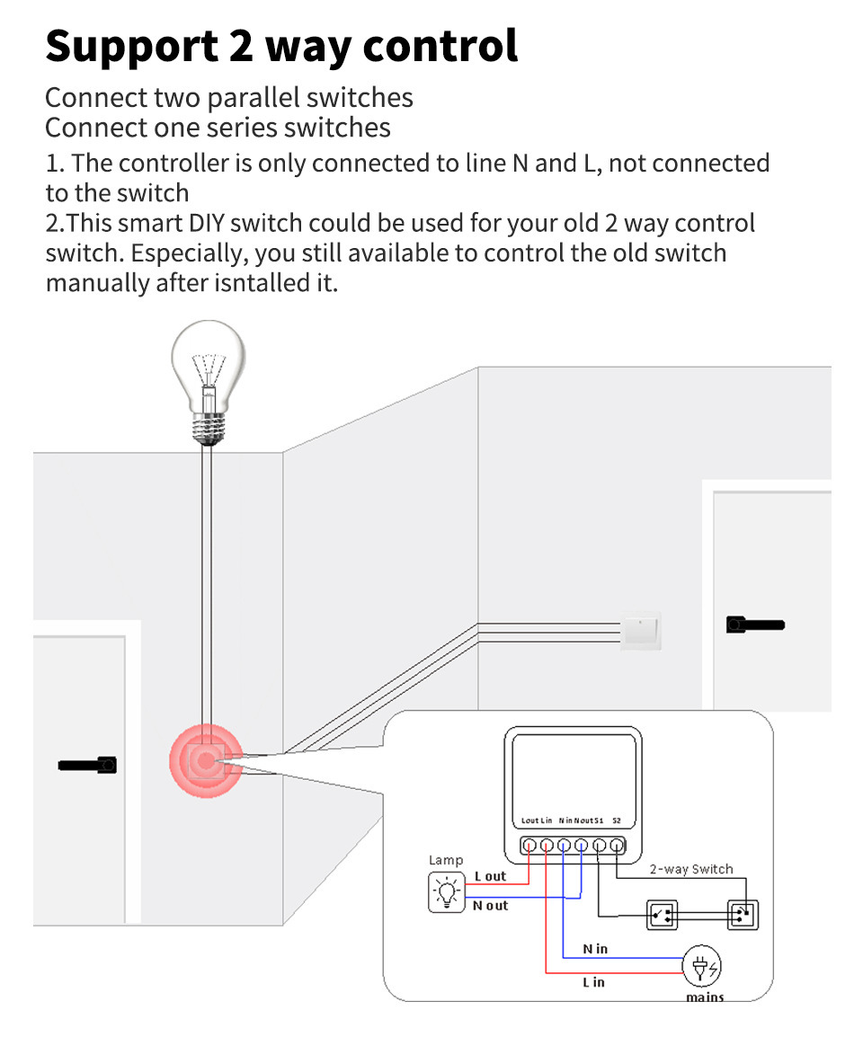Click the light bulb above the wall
coord(209,368)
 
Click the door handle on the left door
coord(88,765)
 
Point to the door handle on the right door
coord(754,624)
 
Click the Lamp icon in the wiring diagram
coord(446,893)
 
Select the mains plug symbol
coord(703,967)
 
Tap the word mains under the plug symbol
coord(705,997)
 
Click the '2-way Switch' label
coord(691,869)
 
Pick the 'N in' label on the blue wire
coord(595,948)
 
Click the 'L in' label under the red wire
coord(593,981)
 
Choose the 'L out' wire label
coord(490,876)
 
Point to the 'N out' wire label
coord(491,906)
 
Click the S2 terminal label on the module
coord(617,820)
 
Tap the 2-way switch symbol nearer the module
coord(663,915)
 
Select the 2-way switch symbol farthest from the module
coord(743,915)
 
